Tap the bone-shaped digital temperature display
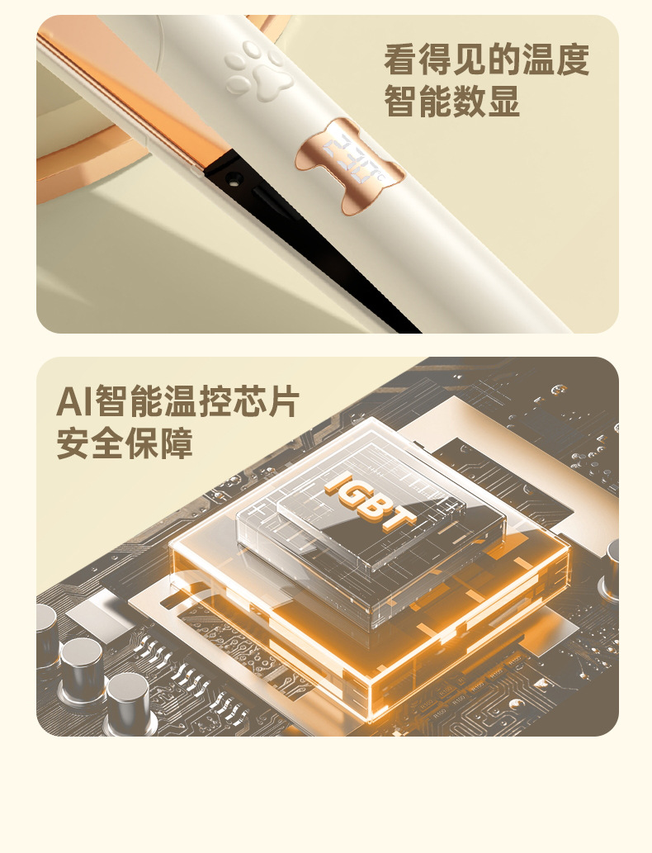coord(350,165)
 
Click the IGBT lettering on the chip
coord(371,501)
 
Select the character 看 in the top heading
coord(401,59)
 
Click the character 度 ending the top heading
coord(573,59)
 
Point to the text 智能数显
coord(452,102)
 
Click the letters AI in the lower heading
coord(75,401)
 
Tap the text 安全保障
coord(125,444)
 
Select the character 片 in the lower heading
coord(283,401)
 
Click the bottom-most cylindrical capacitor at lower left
coord(128,702)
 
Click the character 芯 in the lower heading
coord(249,401)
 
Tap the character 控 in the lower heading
coord(215,401)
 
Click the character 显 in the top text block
coord(504,102)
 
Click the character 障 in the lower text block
coord(176,444)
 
